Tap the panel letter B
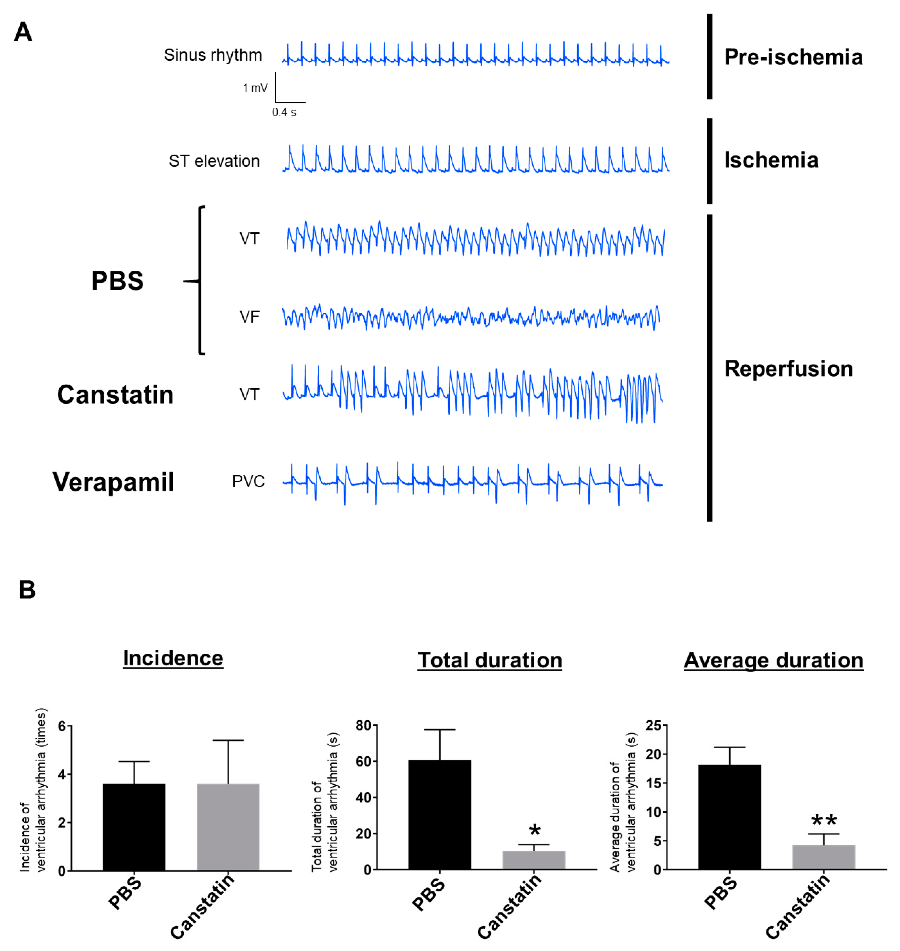[27, 590]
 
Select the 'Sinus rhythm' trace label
[213, 55]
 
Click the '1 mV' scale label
[255, 88]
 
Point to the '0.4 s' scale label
[284, 112]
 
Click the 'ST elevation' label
[214, 161]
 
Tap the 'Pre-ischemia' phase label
[793, 57]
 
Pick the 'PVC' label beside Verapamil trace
[248, 481]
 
